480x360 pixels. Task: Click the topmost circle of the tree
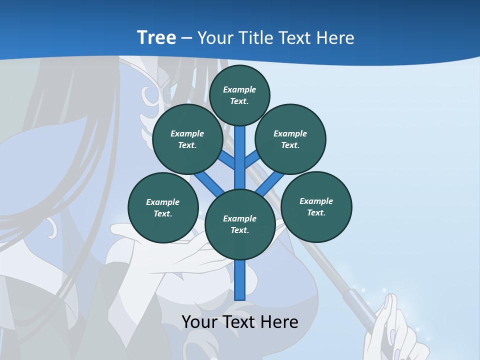click(239, 95)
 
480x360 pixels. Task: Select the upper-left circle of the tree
click(187, 139)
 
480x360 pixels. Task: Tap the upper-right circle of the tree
click(290, 139)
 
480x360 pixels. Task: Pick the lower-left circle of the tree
click(163, 207)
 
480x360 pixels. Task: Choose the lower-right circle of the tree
click(316, 206)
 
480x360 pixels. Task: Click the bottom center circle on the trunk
click(240, 224)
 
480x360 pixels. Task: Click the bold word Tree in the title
click(156, 37)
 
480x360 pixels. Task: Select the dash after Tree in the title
click(186, 38)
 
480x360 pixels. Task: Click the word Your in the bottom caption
click(200, 321)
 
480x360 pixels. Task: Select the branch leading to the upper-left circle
click(227, 161)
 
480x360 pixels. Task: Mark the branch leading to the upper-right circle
click(252, 160)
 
